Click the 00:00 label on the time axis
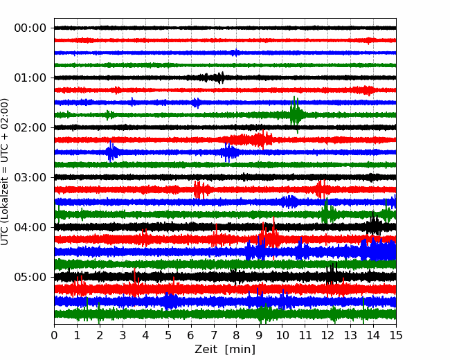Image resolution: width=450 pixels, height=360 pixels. point(30,28)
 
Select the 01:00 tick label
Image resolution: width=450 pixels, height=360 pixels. point(30,78)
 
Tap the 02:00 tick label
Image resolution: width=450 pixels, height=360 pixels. point(30,127)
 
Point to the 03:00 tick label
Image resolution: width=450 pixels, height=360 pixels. point(30,177)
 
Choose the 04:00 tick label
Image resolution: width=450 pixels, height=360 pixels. point(30,227)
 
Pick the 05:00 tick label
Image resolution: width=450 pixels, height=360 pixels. point(30,277)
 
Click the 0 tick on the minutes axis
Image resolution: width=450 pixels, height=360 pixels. point(54,335)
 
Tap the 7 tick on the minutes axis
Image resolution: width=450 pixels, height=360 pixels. point(214,335)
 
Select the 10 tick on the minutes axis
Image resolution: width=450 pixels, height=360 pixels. point(282,335)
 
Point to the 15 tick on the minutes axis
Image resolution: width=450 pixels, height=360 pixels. point(396,335)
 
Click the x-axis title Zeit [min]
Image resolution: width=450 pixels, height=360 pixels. point(225,350)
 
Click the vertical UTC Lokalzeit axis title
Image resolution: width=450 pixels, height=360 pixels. point(4,172)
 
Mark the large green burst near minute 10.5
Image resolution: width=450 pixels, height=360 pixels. point(296,114)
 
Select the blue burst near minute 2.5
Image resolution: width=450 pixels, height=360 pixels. point(111,152)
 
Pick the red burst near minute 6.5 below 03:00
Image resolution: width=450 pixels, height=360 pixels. point(201,190)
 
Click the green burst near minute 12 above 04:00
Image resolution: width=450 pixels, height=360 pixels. point(327,212)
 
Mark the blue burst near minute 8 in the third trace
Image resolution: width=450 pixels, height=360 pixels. point(236,53)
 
